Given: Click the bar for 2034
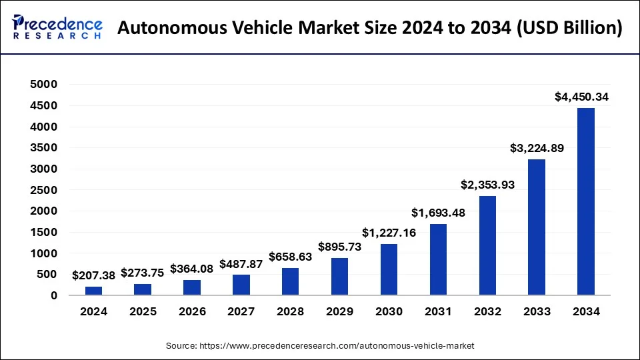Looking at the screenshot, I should (x=585, y=201).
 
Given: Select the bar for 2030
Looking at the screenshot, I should (x=389, y=269).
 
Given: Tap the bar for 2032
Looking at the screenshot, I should (x=487, y=245).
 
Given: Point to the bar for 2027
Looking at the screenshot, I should (x=241, y=285).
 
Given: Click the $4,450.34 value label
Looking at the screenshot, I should (x=581, y=97).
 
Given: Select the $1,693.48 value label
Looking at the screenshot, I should (x=438, y=213).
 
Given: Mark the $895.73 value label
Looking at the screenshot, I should (x=339, y=246).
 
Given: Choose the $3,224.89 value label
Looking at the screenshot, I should (x=537, y=148).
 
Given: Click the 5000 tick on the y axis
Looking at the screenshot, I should (x=44, y=85).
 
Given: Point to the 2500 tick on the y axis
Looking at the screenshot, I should (x=44, y=190).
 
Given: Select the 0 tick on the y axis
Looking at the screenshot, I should (x=53, y=295).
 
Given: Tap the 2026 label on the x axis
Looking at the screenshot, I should (x=192, y=311).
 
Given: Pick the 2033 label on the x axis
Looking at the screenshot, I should (x=537, y=311).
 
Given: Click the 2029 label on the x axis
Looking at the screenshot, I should (x=339, y=311).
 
